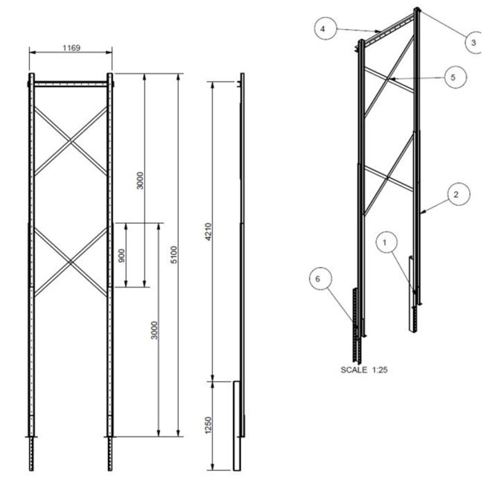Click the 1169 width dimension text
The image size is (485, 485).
(x=71, y=48)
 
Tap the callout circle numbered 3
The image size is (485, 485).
(x=474, y=42)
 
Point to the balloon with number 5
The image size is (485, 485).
(x=453, y=77)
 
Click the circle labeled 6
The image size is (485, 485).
(x=318, y=279)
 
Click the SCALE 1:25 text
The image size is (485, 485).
(x=364, y=369)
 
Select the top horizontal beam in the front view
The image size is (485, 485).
(x=69, y=84)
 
